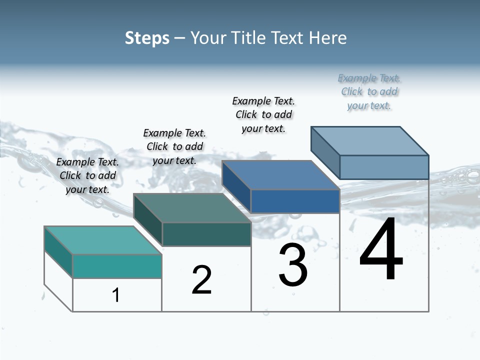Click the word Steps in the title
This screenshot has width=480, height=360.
tap(147, 38)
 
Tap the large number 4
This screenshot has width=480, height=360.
tap(381, 250)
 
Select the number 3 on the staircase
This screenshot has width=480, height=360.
tap(293, 265)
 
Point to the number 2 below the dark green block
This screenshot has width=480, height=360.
tap(201, 280)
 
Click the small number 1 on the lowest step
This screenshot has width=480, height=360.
tap(116, 295)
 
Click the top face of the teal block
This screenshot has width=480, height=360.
tap(102, 240)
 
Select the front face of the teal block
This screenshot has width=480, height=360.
tap(117, 266)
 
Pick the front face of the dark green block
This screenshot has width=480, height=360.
tap(206, 234)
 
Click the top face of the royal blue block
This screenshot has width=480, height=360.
tap(280, 175)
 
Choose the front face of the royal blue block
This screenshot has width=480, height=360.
tap(295, 201)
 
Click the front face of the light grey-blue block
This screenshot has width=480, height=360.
tap(384, 167)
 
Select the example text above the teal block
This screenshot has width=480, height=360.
tap(87, 175)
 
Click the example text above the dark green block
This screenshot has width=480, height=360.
tap(174, 146)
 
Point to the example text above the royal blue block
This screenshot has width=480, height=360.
tap(263, 114)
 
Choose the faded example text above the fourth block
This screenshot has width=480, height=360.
tap(369, 91)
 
